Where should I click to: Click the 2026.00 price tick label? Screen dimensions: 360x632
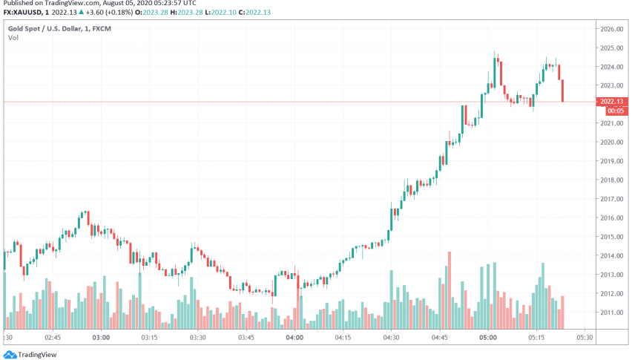(x=611, y=29)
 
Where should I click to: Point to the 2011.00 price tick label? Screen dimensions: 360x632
(x=611, y=312)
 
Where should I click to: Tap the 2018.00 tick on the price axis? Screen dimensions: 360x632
(x=611, y=180)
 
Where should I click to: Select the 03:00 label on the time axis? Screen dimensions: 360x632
(x=101, y=337)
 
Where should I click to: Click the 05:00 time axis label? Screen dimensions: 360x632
(x=487, y=337)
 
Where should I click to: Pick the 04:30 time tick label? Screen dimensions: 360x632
(x=391, y=337)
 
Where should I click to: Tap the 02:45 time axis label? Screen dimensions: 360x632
(x=53, y=337)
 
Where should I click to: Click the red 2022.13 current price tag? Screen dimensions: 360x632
(x=612, y=102)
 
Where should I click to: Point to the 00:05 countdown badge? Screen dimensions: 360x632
(x=612, y=111)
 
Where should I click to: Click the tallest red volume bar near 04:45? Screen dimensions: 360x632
(x=449, y=290)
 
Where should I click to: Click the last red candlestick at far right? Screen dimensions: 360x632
(x=563, y=91)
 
